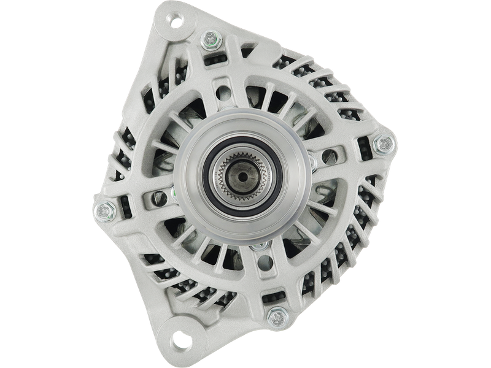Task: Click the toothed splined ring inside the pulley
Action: [x=257, y=166]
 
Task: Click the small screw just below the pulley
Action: [x=257, y=247]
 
